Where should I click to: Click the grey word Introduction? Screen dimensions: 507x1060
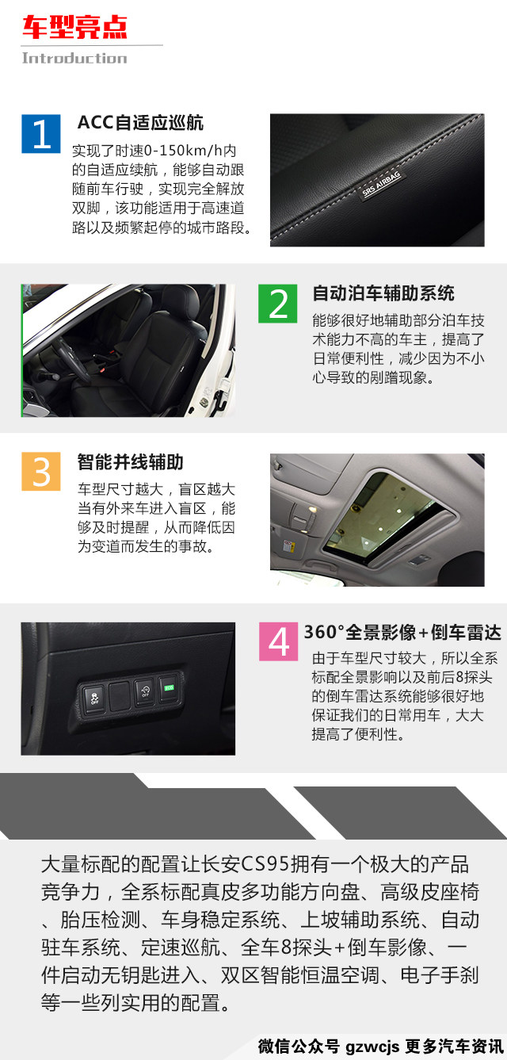pyautogui.click(x=74, y=58)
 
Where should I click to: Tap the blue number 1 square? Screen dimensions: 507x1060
pyautogui.click(x=41, y=134)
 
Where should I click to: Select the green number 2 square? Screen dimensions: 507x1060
pyautogui.click(x=277, y=304)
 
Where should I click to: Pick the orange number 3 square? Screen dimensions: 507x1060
pyautogui.click(x=41, y=471)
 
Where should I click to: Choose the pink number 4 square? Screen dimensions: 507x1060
pyautogui.click(x=279, y=641)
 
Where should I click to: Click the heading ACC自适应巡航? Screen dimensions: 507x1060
pyautogui.click(x=140, y=123)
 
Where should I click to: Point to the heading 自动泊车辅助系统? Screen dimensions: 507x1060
pyautogui.click(x=383, y=293)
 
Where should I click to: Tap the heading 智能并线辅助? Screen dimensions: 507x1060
pyautogui.click(x=131, y=462)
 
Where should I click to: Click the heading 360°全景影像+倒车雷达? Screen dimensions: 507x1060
pyautogui.click(x=402, y=632)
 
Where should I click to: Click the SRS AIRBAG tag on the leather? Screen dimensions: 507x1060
pyautogui.click(x=381, y=185)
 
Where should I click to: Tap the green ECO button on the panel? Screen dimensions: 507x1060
pyautogui.click(x=169, y=687)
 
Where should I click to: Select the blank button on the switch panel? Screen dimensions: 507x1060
pyautogui.click(x=120, y=695)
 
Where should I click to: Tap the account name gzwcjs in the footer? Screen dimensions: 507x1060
pyautogui.click(x=372, y=1047)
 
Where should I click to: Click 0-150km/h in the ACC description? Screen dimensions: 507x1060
pyautogui.click(x=183, y=151)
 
